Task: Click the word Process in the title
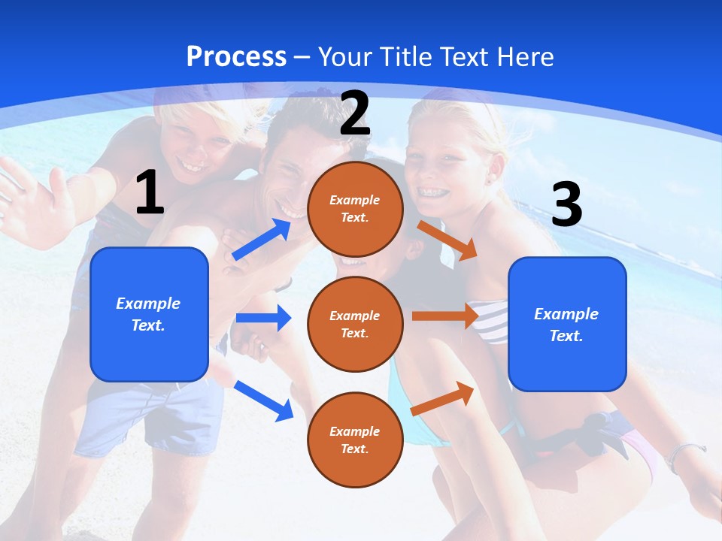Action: coord(236,57)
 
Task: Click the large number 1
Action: coord(150,192)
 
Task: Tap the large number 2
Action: coord(355,113)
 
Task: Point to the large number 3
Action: coord(567,204)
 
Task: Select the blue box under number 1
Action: coord(149,314)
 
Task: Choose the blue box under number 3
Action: coord(567,324)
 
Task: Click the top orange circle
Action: coord(355,209)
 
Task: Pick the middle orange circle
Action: coord(355,324)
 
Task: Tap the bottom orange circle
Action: coord(355,440)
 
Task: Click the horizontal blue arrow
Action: coord(263,318)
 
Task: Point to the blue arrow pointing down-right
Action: coord(263,400)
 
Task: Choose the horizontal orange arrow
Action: coord(445,316)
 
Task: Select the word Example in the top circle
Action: coord(355,201)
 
